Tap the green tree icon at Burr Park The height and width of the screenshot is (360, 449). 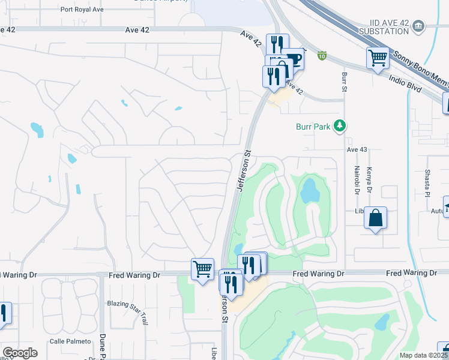pyautogui.click(x=340, y=125)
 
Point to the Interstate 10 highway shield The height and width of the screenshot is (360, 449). pyautogui.click(x=322, y=56)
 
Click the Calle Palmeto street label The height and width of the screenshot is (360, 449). pyautogui.click(x=71, y=341)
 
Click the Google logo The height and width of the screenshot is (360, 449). pyautogui.click(x=20, y=353)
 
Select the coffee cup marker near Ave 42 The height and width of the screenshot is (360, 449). pyautogui.click(x=294, y=59)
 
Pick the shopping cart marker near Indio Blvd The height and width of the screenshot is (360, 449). pyautogui.click(x=378, y=58)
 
